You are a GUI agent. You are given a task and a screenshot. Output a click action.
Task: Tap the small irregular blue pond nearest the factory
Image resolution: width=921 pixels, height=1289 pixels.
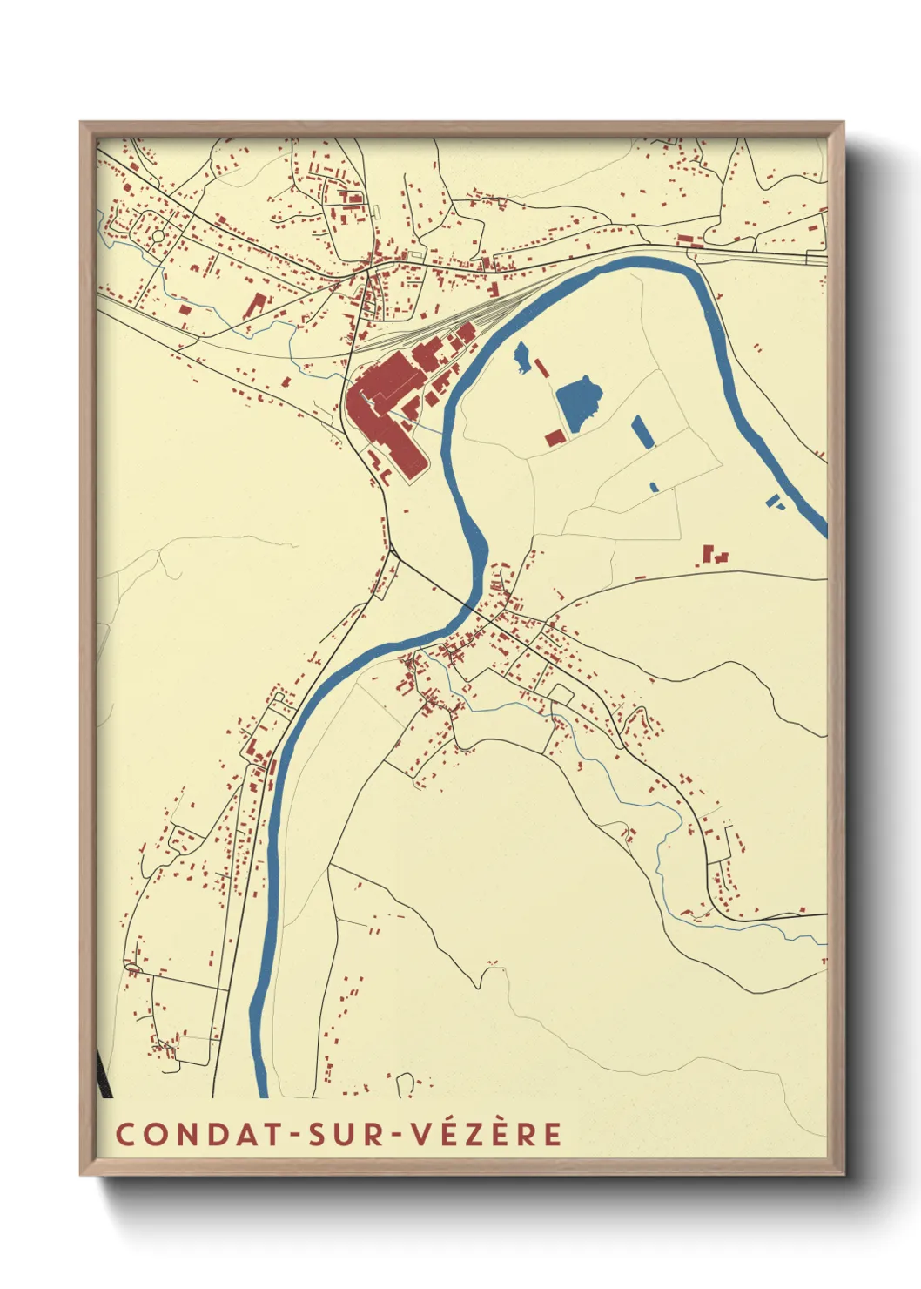click(521, 358)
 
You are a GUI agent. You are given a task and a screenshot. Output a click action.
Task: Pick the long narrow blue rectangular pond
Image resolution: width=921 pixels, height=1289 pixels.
click(642, 432)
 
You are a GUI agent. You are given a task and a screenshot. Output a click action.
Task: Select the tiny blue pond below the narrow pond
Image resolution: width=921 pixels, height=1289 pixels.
click(654, 486)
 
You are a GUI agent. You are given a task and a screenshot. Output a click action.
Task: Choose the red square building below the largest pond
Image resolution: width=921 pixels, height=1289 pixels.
click(555, 437)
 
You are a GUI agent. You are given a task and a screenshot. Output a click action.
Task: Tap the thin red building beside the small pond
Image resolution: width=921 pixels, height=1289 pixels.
click(541, 368)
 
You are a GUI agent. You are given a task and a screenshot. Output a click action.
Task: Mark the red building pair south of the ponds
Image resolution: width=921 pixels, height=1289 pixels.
click(714, 555)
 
